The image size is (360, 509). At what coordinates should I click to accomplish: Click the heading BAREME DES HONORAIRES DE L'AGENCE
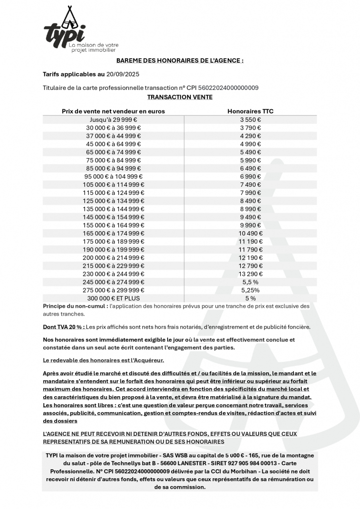pyautogui.click(x=180, y=61)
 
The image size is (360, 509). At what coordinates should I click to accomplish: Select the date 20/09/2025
pyautogui.click(x=123, y=75)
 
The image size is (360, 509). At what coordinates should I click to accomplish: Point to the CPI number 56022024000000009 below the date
pyautogui.click(x=225, y=88)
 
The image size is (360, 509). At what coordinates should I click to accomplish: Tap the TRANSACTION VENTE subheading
pyautogui.click(x=180, y=97)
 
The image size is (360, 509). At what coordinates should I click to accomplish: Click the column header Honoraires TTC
pyautogui.click(x=250, y=111)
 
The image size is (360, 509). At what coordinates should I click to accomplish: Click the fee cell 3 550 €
pyautogui.click(x=250, y=120)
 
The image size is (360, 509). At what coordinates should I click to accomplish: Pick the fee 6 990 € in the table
pyautogui.click(x=250, y=176)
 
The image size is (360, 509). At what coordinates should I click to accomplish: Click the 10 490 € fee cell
pyautogui.click(x=250, y=233)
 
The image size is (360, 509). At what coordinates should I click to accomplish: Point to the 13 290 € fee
pyautogui.click(x=250, y=273)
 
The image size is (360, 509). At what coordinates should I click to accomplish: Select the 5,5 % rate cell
pyautogui.click(x=250, y=282)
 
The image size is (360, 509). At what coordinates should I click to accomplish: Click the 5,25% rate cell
pyautogui.click(x=250, y=290)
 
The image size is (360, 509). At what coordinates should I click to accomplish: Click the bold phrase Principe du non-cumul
pyautogui.click(x=74, y=306)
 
